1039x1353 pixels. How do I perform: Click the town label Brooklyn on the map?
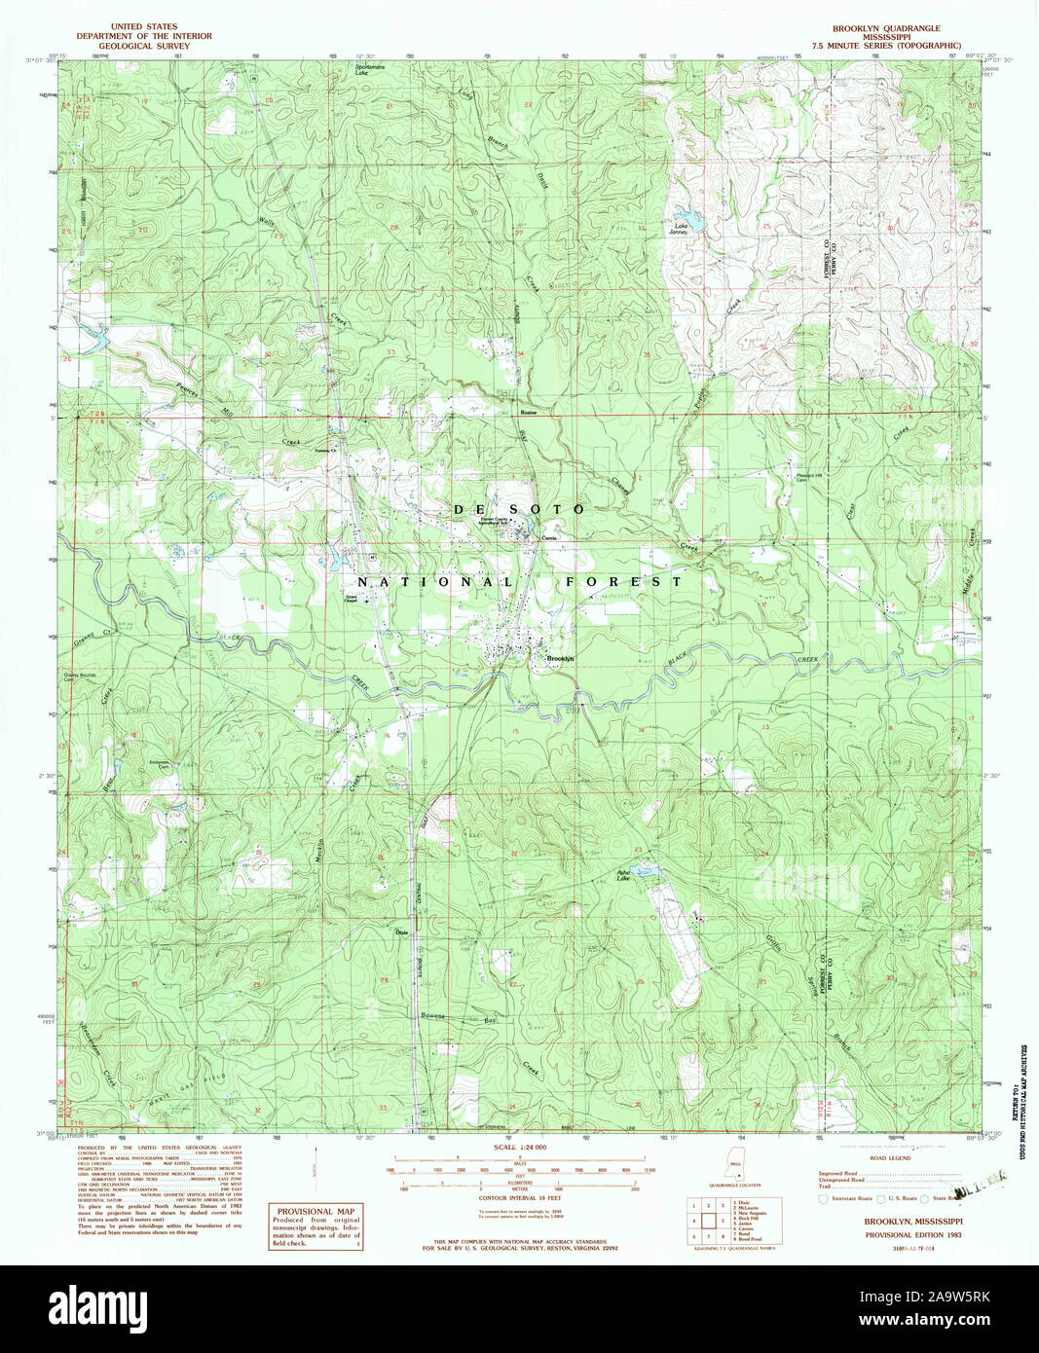pyautogui.click(x=561, y=659)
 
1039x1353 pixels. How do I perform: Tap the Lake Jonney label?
pyautogui.click(x=678, y=231)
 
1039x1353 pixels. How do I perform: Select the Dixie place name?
pyautogui.click(x=399, y=932)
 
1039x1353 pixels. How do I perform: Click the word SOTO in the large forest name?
pyautogui.click(x=551, y=509)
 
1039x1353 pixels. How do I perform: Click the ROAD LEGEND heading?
pyautogui.click(x=892, y=1158)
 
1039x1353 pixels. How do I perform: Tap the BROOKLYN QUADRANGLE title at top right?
pyautogui.click(x=886, y=28)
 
